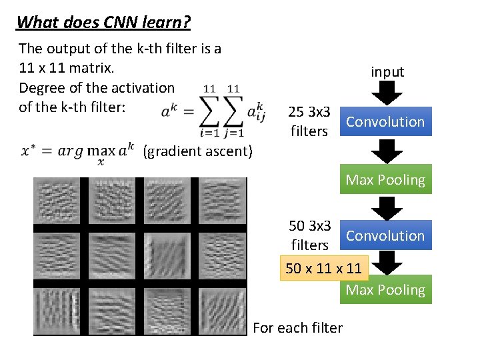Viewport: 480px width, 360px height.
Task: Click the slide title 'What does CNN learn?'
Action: click(103, 23)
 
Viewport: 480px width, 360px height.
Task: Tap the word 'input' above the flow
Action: click(387, 72)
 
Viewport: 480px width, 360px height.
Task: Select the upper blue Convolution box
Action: click(385, 122)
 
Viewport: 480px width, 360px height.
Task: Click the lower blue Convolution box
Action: click(385, 236)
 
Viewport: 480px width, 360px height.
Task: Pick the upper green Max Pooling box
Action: click(385, 180)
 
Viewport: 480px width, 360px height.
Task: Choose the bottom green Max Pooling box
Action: click(385, 290)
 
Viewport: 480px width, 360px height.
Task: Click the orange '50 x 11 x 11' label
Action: click(323, 269)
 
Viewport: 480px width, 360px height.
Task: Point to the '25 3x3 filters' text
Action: click(309, 121)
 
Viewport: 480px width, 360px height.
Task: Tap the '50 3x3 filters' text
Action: click(309, 235)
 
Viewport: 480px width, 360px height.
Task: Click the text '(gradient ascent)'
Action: click(198, 152)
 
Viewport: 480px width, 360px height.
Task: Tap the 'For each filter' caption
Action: click(298, 327)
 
